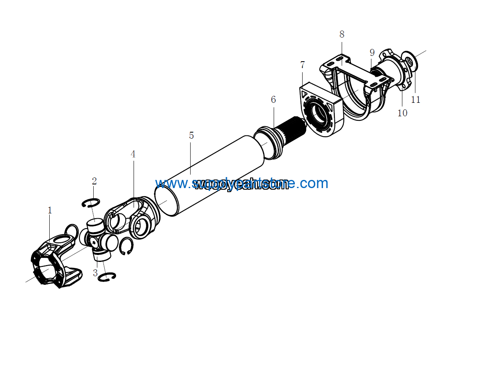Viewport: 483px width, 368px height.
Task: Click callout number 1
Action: pyautogui.click(x=50, y=211)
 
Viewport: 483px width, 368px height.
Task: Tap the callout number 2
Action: pyautogui.click(x=94, y=181)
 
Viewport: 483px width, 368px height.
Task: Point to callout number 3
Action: pyautogui.click(x=95, y=273)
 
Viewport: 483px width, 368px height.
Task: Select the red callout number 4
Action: pyautogui.click(x=133, y=154)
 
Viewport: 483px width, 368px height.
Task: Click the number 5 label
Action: pyautogui.click(x=191, y=135)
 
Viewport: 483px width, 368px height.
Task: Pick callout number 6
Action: pyautogui.click(x=273, y=100)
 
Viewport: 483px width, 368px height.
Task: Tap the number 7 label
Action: pyautogui.click(x=302, y=65)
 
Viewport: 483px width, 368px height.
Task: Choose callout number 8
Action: pyautogui.click(x=342, y=34)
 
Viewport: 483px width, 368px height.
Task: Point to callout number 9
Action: pyautogui.click(x=372, y=53)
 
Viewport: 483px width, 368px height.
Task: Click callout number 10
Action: pyautogui.click(x=402, y=113)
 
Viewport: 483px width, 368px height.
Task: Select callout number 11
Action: pyautogui.click(x=415, y=100)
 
